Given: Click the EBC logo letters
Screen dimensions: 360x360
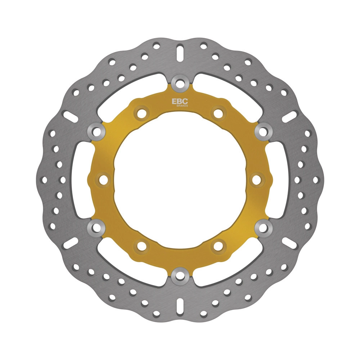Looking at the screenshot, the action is [x=180, y=101].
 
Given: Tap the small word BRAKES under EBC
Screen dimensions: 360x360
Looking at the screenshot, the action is [x=182, y=106].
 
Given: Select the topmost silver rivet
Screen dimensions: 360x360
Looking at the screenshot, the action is [x=180, y=82].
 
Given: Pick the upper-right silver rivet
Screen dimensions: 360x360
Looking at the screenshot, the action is [x=264, y=131].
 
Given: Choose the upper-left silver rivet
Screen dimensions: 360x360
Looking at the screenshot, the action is [x=96, y=131].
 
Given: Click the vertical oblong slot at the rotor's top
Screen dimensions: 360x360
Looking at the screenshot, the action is [x=180, y=53].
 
